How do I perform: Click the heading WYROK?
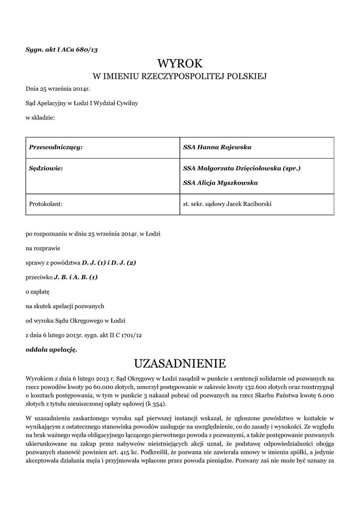coord(180,63)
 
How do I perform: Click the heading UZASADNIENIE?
coord(180,364)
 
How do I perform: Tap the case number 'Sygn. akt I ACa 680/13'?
coord(65,49)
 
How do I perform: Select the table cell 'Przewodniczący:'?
coord(56,147)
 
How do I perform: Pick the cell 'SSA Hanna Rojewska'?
coord(217,147)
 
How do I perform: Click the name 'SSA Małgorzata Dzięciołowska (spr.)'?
coord(242,168)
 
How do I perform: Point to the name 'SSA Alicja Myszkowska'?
coord(220,183)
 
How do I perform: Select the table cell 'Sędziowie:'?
coord(46,168)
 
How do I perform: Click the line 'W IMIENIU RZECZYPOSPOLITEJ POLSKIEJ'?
coord(180,76)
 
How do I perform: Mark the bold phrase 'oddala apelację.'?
coord(52,349)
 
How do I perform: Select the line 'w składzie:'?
coord(40,118)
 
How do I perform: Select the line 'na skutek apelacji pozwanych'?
coord(65,306)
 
